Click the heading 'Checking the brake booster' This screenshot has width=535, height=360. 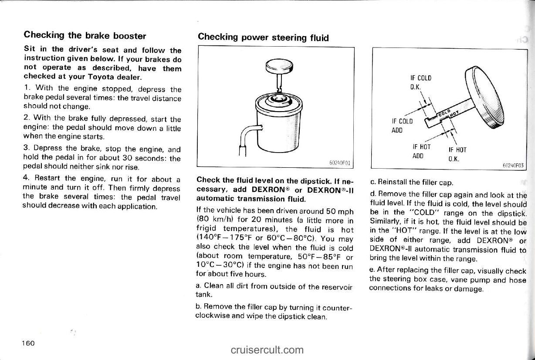85,36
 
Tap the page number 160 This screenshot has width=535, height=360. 30,343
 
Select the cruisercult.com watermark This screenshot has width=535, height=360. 267,350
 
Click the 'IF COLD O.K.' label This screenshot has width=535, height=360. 421,83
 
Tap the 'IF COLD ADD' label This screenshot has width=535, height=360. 403,126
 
